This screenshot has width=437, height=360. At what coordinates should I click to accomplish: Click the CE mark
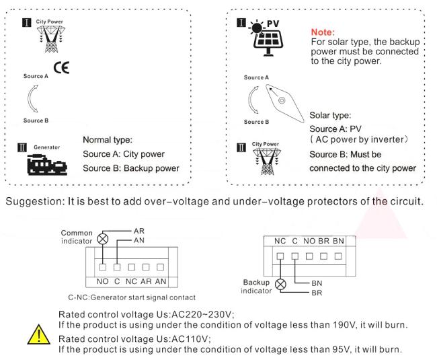63,69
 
